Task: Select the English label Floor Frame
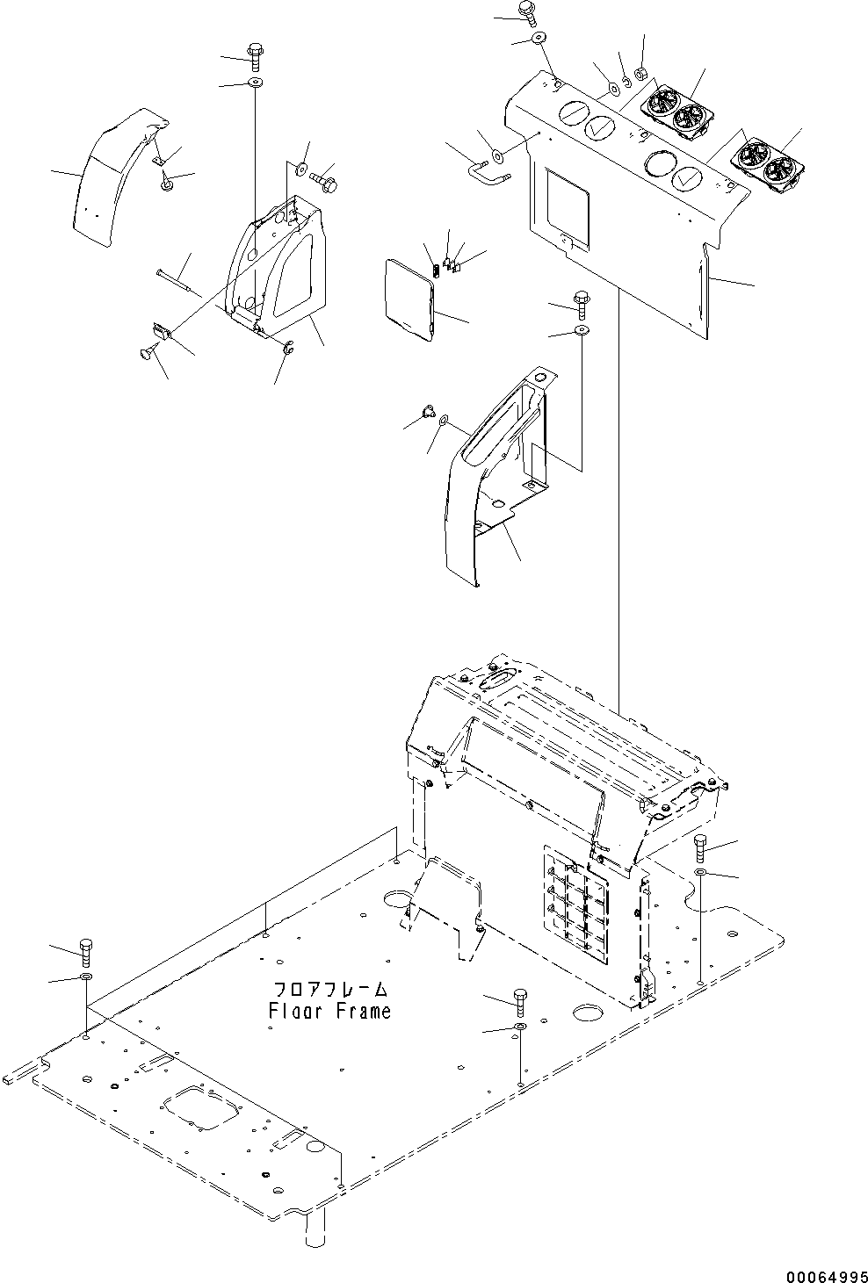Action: coord(329,1011)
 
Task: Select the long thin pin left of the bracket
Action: coord(178,278)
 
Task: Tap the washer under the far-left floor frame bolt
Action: coord(85,977)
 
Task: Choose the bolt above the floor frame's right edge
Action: coord(699,847)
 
